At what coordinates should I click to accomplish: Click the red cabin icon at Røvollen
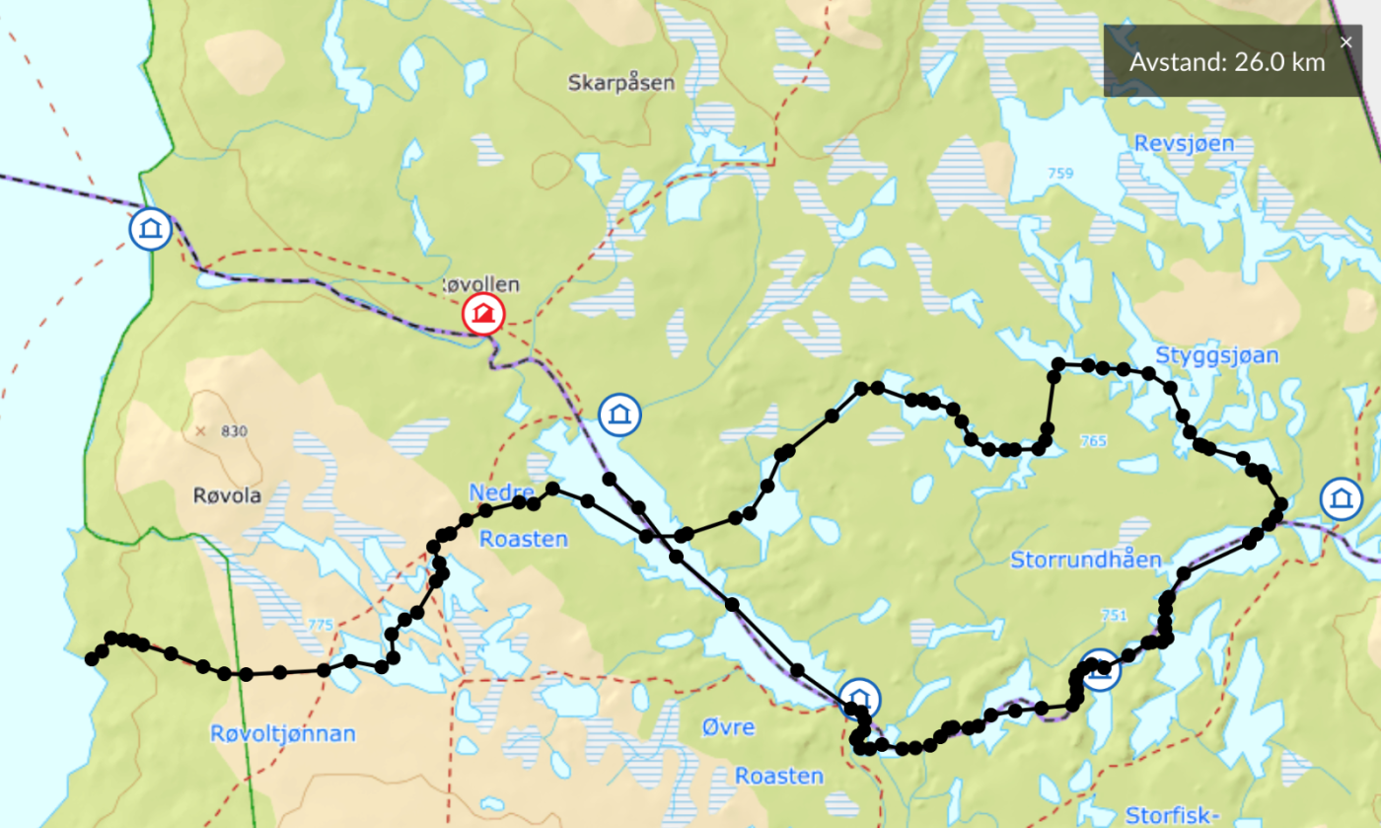pyautogui.click(x=483, y=315)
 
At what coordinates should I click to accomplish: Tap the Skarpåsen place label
pyautogui.click(x=621, y=83)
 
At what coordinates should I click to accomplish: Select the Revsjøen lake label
pyautogui.click(x=1184, y=144)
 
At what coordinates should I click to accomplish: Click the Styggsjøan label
pyautogui.click(x=1216, y=355)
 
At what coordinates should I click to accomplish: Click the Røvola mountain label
pyautogui.click(x=227, y=496)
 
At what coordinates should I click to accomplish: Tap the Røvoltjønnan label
pyautogui.click(x=282, y=734)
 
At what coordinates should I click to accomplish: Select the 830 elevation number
pyautogui.click(x=235, y=431)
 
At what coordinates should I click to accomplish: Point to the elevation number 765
pyautogui.click(x=1093, y=440)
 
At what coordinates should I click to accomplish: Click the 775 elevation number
pyautogui.click(x=321, y=625)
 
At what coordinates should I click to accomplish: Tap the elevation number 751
pyautogui.click(x=1113, y=615)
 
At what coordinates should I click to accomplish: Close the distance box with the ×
pyautogui.click(x=1346, y=41)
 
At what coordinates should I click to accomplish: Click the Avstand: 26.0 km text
pyautogui.click(x=1227, y=62)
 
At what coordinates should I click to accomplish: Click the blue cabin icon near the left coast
pyautogui.click(x=151, y=229)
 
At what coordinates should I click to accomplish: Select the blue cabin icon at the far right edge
pyautogui.click(x=1341, y=498)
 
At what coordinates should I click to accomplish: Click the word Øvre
pyautogui.click(x=728, y=728)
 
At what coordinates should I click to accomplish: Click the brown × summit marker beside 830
pyautogui.click(x=201, y=431)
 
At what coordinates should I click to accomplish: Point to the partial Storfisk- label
pyautogui.click(x=1173, y=816)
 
